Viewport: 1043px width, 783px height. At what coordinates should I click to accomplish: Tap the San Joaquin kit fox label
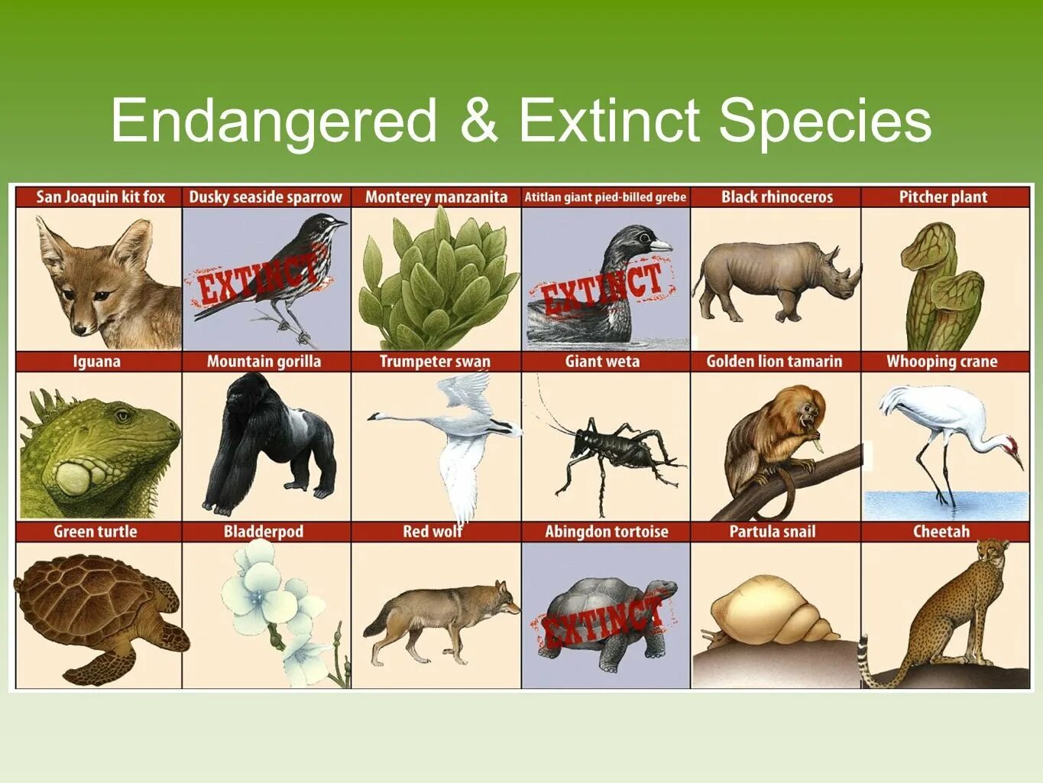100,197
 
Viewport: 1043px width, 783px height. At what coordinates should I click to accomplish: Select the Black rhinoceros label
776,197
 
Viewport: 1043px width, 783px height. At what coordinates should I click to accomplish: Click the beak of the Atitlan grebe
660,245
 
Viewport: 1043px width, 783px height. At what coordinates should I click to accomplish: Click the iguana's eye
123,416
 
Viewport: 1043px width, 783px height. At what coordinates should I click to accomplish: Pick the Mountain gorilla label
264,362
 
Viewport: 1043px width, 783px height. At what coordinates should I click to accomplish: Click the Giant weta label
602,362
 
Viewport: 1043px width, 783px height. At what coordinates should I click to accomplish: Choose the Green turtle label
96,531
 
